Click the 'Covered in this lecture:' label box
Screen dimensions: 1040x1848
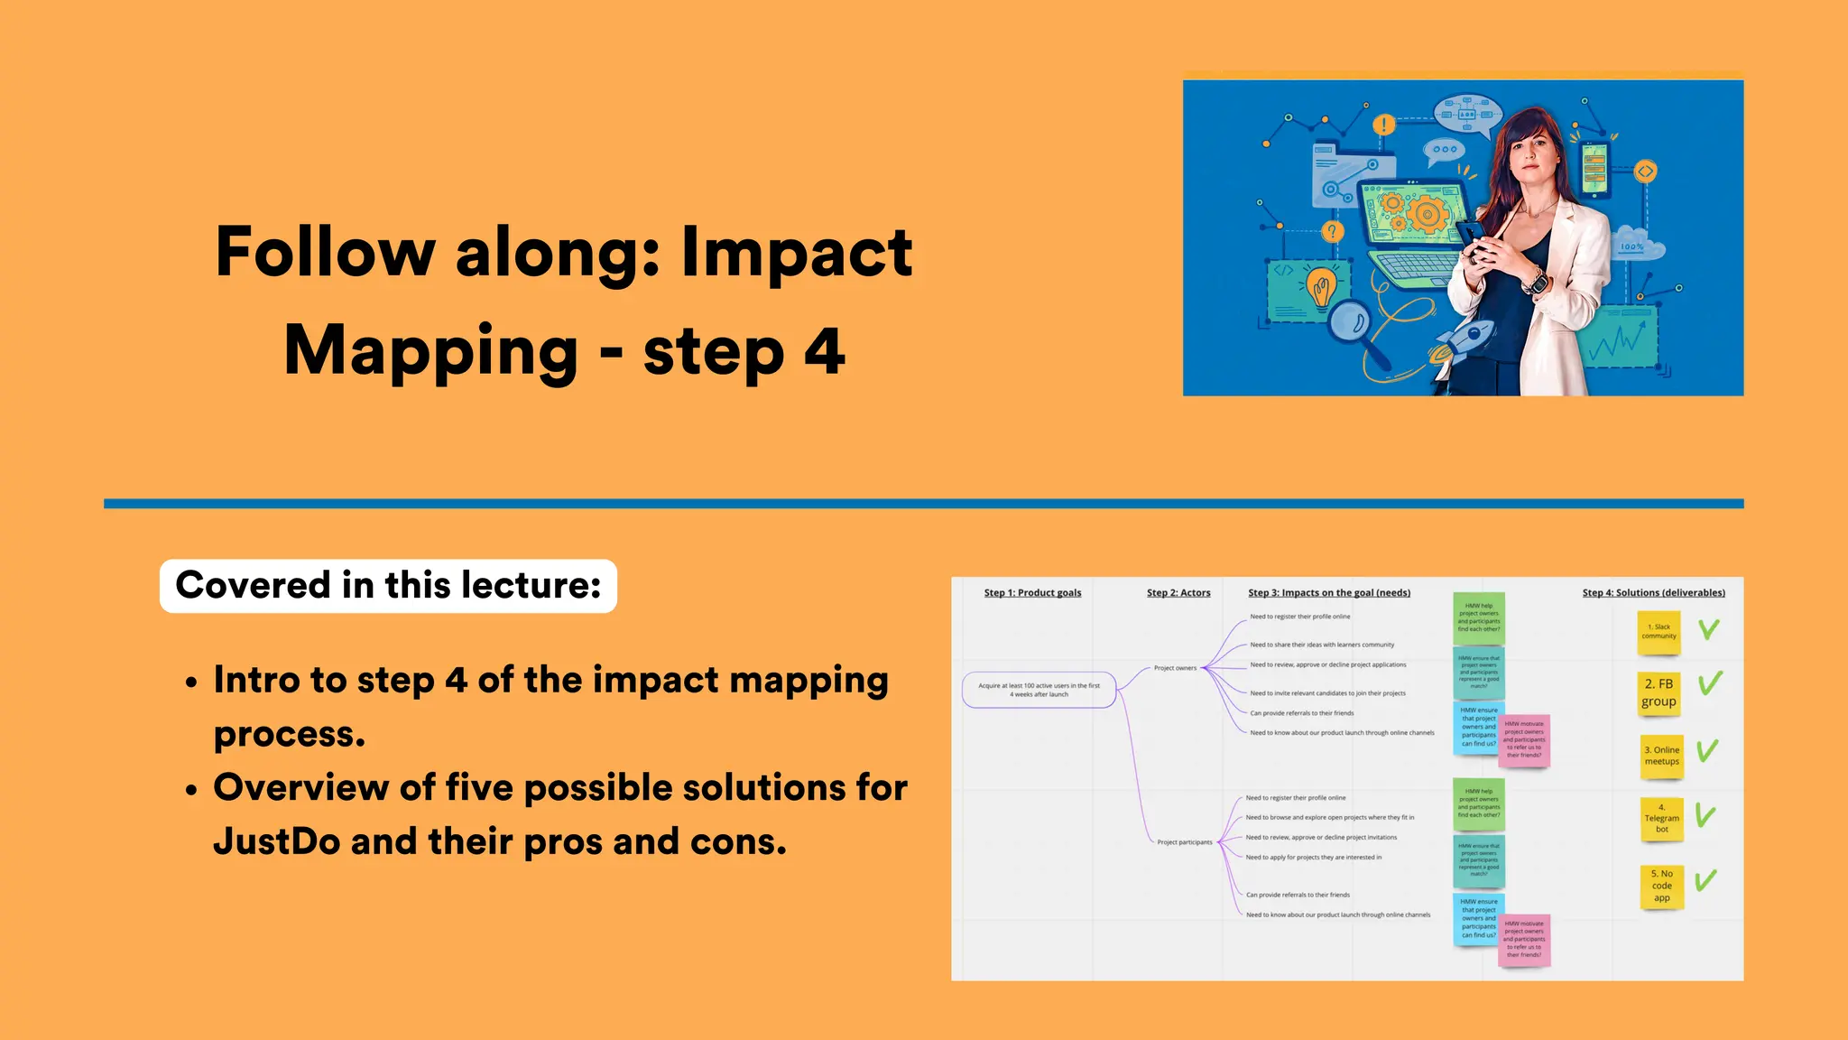(388, 585)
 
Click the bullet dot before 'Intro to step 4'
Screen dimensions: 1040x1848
(191, 683)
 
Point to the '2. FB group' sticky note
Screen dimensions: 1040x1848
(1659, 692)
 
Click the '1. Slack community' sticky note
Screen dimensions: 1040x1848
(1659, 631)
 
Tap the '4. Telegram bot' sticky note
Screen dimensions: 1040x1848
(1661, 818)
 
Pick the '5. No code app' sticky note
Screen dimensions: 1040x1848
(1661, 886)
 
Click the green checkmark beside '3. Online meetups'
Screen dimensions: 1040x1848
(1706, 750)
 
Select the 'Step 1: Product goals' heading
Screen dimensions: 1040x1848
(1032, 593)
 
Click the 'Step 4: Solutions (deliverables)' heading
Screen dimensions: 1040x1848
(1653, 593)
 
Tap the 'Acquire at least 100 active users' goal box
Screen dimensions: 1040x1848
(1039, 690)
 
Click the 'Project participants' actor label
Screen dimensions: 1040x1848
(1184, 842)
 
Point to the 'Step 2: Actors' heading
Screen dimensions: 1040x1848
(1178, 593)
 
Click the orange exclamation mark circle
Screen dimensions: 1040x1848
(1383, 125)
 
